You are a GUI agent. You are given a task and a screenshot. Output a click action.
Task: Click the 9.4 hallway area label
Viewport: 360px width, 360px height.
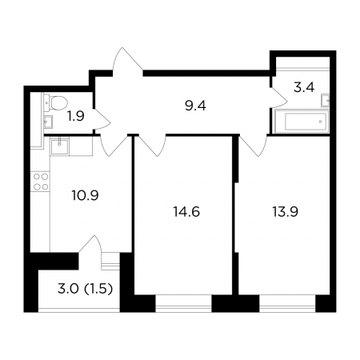pos(195,106)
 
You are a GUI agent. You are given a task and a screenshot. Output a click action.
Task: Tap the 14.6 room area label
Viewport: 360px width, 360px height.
pos(186,212)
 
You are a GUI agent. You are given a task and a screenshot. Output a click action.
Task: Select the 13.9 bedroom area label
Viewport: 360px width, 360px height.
pos(285,212)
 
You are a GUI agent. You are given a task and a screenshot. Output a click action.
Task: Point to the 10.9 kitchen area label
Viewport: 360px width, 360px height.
pos(85,195)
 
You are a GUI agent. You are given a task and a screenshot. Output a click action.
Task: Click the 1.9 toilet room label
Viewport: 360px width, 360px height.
pos(76,116)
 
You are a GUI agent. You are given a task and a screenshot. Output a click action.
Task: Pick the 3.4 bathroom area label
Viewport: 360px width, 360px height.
pos(304,87)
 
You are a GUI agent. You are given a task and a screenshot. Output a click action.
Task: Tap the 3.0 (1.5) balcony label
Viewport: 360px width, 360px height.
pos(85,289)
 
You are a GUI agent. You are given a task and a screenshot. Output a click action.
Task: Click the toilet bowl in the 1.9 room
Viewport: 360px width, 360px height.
pos(56,103)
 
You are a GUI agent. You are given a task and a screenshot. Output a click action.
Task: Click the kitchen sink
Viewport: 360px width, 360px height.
pos(60,146)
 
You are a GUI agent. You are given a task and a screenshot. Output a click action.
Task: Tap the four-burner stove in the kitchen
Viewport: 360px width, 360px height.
pos(41,182)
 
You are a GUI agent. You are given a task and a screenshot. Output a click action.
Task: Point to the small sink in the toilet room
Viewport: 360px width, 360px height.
pos(48,122)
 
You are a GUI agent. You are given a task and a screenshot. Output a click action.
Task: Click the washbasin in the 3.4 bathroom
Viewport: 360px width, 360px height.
pos(326,100)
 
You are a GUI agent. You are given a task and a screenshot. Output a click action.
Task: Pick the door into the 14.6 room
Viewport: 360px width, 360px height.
pos(151,146)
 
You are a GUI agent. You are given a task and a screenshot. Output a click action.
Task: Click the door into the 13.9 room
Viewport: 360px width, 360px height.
pos(253,146)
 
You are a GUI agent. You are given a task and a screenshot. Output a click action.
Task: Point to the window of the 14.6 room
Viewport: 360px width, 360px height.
pos(183,304)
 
